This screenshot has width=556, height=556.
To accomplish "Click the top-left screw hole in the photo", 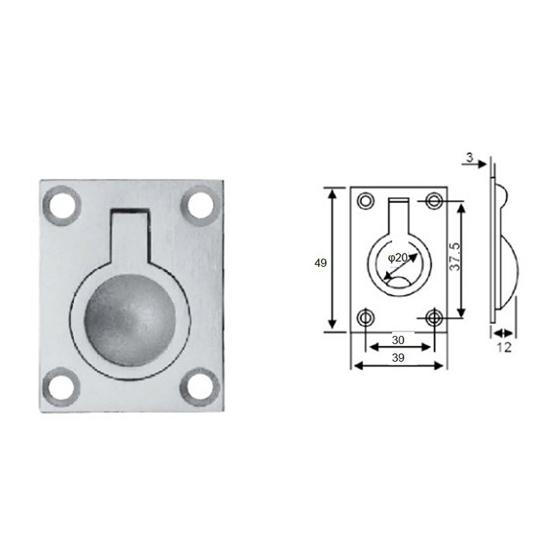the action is (62, 205).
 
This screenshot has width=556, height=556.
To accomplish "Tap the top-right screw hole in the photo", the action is (200, 205).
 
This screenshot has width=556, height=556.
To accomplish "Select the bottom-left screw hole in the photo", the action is (61, 386).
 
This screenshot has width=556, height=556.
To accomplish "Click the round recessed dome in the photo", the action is (130, 320).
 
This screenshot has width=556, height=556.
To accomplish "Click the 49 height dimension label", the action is (320, 263).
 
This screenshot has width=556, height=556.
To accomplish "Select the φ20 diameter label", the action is (397, 257).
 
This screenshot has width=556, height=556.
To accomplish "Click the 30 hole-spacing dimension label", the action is (398, 340).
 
